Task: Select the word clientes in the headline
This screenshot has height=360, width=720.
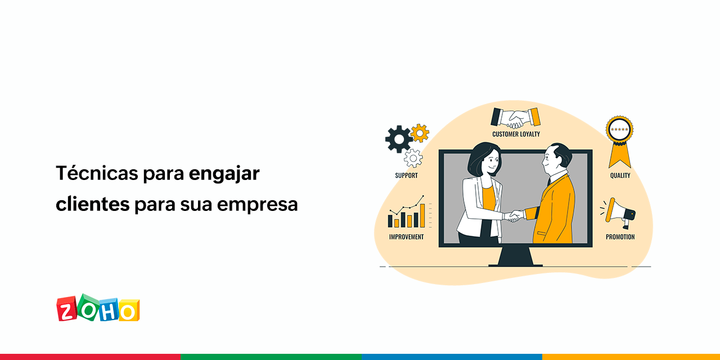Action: pyautogui.click(x=92, y=204)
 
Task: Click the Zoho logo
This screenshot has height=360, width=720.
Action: pyautogui.click(x=98, y=308)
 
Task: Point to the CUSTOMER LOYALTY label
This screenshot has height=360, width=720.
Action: pyautogui.click(x=516, y=134)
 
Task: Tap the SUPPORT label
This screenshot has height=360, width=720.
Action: pyautogui.click(x=406, y=175)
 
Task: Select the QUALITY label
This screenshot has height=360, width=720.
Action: pyautogui.click(x=620, y=175)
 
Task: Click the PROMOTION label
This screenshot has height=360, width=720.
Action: pyautogui.click(x=620, y=237)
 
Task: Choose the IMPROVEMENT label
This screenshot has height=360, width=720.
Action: pyautogui.click(x=406, y=237)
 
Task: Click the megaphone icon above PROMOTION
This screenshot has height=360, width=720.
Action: pyautogui.click(x=620, y=212)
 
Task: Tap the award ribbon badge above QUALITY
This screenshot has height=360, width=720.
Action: pyautogui.click(x=619, y=138)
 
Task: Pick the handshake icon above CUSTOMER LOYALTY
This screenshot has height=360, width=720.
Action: pyautogui.click(x=515, y=117)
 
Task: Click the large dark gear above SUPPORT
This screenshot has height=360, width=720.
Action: pyautogui.click(x=398, y=138)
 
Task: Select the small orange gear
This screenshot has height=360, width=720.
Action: pyautogui.click(x=420, y=133)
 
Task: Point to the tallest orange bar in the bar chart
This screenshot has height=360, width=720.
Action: pyautogui.click(x=422, y=215)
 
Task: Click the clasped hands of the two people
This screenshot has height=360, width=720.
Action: pyautogui.click(x=514, y=216)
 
